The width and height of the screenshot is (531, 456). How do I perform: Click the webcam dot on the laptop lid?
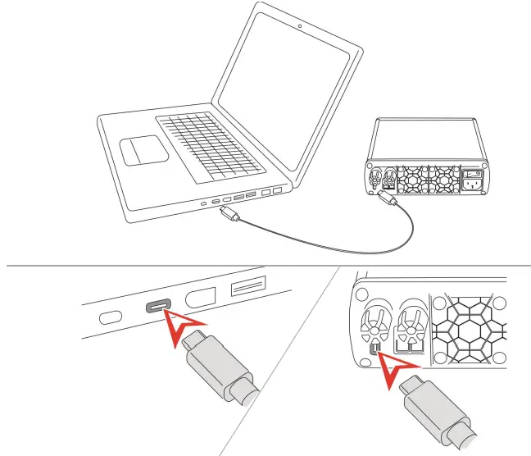(x=300, y=25)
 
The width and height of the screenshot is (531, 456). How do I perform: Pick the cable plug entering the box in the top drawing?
(x=388, y=199)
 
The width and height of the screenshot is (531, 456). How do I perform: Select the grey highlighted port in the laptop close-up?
(x=157, y=307)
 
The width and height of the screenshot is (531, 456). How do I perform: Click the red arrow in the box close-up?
(x=397, y=366)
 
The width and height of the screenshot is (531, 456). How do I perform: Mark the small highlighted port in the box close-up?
(x=374, y=350)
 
